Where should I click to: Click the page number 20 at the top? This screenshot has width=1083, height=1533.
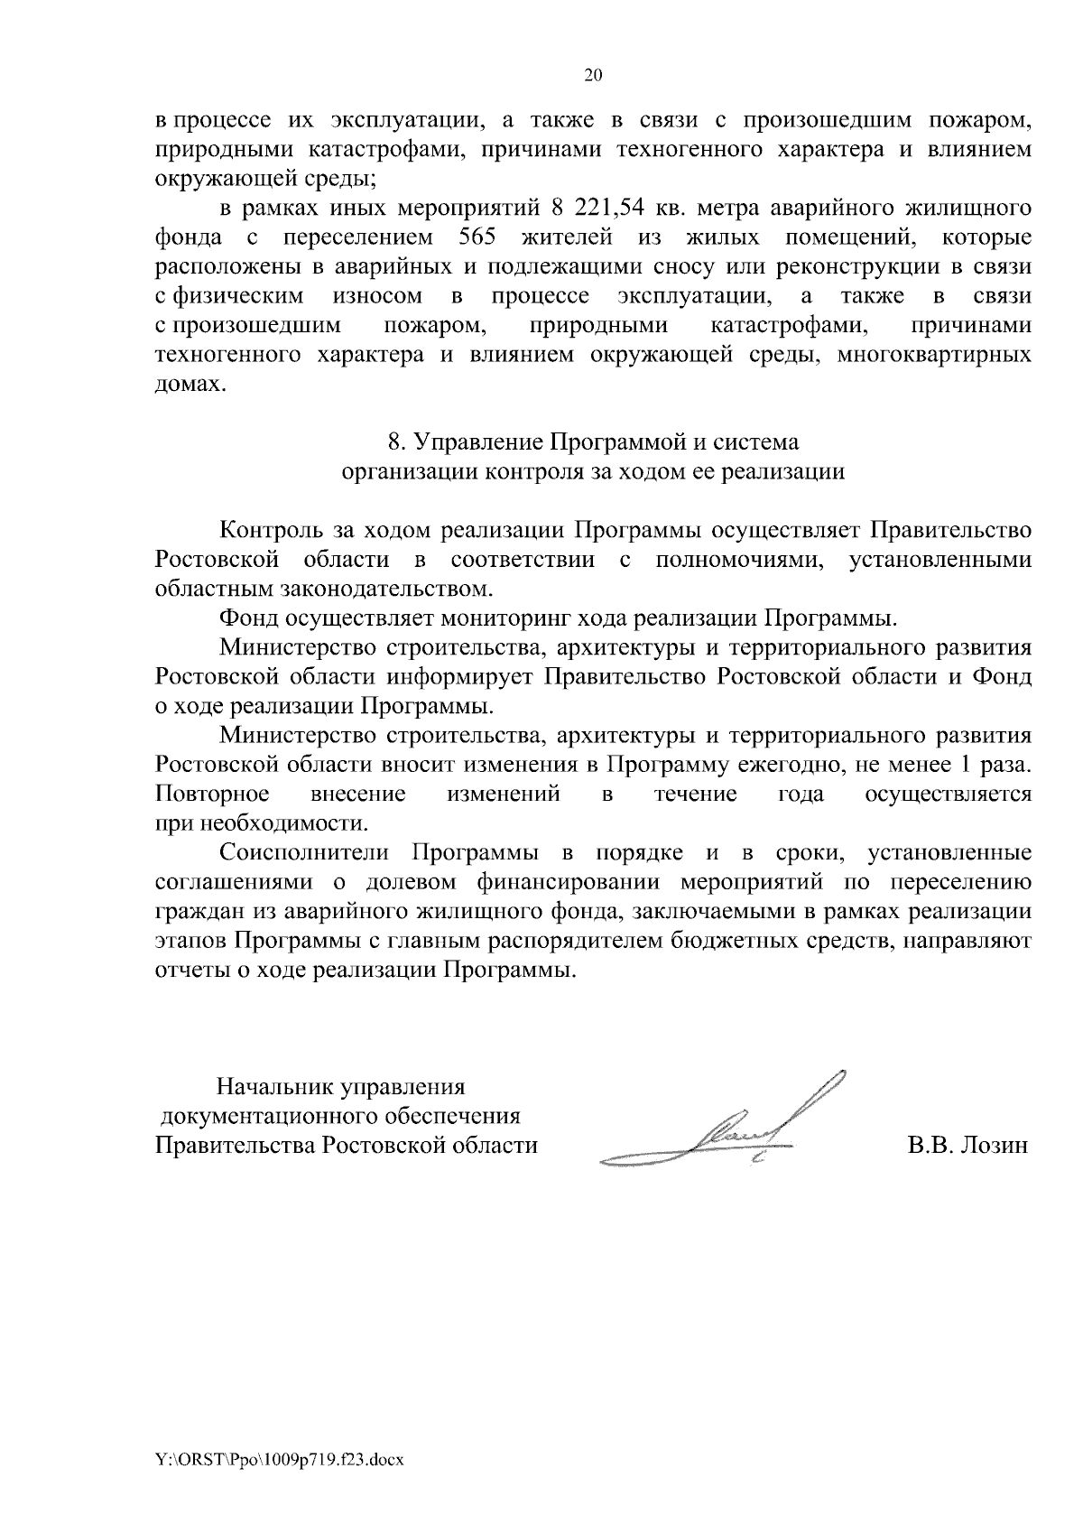(593, 76)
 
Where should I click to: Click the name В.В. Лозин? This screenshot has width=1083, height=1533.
(967, 1146)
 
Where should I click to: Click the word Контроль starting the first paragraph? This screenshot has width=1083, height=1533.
(268, 530)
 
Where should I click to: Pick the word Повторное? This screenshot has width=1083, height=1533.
(212, 794)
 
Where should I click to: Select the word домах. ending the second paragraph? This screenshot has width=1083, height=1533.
(187, 385)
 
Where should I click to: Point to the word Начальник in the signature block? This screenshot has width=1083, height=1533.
(269, 1086)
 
